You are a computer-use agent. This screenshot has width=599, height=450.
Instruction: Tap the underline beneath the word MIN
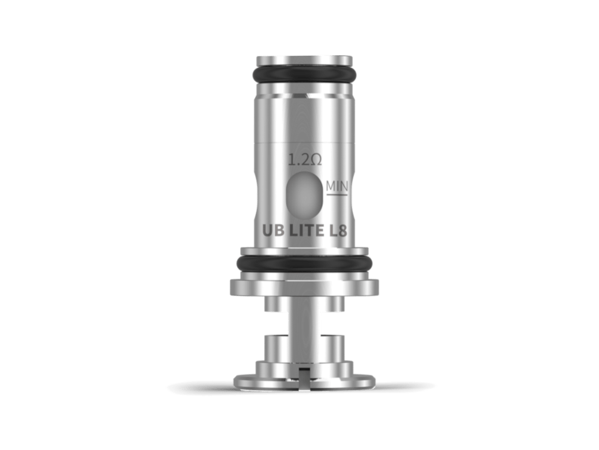[337, 193]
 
